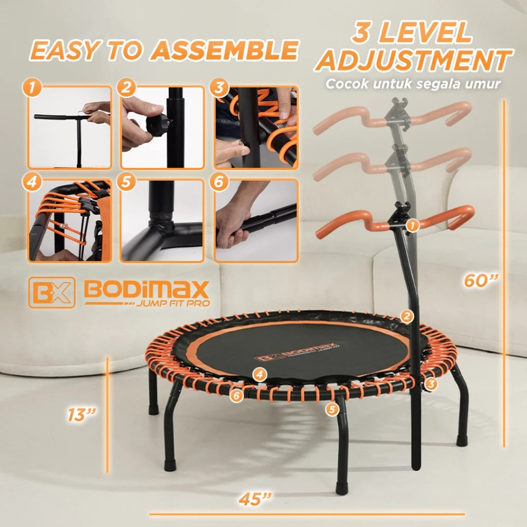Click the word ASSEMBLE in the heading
226,50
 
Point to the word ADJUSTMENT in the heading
414,60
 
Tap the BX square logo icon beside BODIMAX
51,292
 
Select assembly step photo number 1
70,128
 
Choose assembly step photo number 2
163,128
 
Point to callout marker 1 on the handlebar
412,225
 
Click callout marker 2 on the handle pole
407,317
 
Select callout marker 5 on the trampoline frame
332,409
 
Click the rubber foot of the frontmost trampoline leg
341,488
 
